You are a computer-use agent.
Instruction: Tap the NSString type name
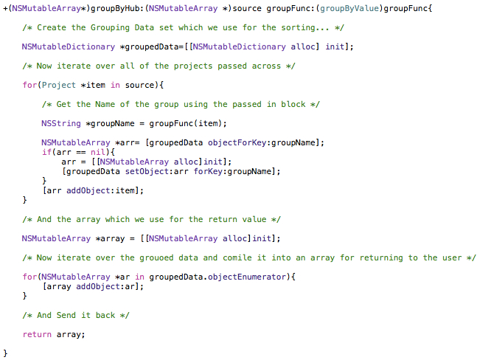pyautogui.click(x=61, y=123)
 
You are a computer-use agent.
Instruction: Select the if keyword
pyautogui.click(x=46, y=152)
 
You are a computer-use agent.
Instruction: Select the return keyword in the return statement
pyautogui.click(x=37, y=334)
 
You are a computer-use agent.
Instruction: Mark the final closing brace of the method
pyautogui.click(x=6, y=353)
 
